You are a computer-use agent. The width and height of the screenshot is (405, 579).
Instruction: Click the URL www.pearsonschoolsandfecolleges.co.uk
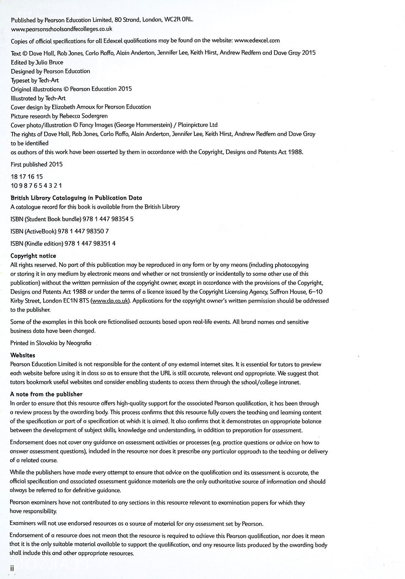coord(62,29)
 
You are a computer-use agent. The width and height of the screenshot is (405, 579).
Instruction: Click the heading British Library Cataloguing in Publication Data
coord(76,198)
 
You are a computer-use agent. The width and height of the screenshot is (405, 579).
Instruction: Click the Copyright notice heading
coord(33,256)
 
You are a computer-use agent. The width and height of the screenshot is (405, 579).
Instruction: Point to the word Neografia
coord(79,343)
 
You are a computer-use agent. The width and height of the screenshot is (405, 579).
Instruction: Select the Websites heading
coord(23,355)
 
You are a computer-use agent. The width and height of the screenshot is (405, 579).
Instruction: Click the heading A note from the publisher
coord(46,394)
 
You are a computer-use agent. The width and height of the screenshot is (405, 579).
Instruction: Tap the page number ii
coord(13,568)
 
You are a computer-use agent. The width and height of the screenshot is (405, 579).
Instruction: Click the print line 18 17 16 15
coord(27,177)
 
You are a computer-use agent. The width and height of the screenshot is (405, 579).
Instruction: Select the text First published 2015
coord(36,165)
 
